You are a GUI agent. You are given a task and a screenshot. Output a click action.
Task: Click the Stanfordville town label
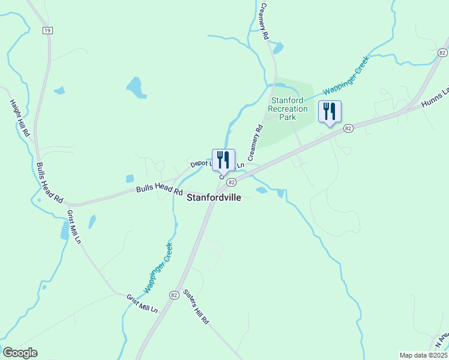[214, 197]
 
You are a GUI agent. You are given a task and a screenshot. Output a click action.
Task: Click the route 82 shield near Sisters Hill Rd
[173, 295]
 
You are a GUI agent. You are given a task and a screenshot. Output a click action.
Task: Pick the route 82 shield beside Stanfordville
[231, 182]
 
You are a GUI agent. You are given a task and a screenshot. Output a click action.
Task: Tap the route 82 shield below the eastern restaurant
[348, 128]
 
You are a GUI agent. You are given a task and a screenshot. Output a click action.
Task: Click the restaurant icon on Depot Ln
[223, 160]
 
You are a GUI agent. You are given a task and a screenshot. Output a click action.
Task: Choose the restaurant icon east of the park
[330, 112]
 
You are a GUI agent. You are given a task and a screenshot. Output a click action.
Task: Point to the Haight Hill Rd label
[20, 118]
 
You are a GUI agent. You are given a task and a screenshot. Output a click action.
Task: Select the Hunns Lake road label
[435, 98]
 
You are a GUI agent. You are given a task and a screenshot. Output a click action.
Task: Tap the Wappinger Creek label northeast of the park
[345, 76]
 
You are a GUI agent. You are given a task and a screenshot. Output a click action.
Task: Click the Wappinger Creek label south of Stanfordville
[158, 268]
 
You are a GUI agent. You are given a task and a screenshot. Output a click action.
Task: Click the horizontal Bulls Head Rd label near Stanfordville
[158, 190]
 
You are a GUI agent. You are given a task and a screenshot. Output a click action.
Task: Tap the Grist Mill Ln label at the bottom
[142, 303]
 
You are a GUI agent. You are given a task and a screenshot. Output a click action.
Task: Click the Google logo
[20, 353]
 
